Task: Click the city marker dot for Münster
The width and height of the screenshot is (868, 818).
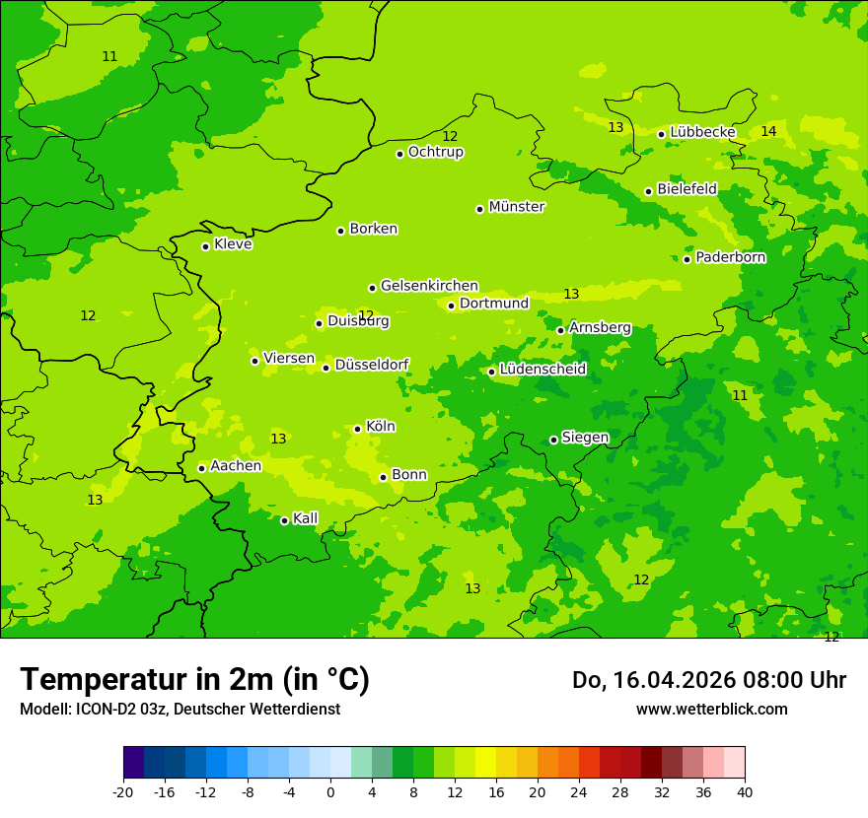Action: click(480, 209)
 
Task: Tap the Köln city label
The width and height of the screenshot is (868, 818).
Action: click(380, 427)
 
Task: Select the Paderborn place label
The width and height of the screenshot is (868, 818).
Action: click(730, 257)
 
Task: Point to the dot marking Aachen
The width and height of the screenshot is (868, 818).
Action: click(202, 468)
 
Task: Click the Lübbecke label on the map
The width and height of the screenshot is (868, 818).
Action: click(702, 132)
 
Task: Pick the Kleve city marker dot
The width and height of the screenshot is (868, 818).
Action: click(206, 246)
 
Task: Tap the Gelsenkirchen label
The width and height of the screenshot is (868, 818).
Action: click(429, 286)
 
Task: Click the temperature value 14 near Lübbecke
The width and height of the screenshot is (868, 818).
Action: click(768, 131)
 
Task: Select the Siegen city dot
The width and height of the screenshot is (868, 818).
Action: click(553, 440)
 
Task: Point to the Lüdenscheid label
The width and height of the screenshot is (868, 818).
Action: click(542, 370)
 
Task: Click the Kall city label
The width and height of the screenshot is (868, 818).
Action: click(305, 518)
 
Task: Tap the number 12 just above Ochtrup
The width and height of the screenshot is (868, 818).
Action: click(450, 136)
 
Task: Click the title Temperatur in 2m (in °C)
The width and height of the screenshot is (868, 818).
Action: click(194, 679)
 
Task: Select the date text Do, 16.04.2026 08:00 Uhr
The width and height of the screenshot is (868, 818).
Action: click(708, 680)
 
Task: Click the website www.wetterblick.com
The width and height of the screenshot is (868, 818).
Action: click(711, 709)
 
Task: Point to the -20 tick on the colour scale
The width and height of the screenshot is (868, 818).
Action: click(123, 792)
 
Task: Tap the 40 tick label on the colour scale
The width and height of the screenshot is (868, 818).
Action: click(745, 792)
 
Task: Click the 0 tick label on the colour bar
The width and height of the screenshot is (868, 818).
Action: click(330, 792)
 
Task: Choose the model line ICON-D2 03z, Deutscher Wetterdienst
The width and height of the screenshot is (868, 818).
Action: click(180, 709)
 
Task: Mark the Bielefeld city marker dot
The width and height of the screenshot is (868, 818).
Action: click(649, 191)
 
